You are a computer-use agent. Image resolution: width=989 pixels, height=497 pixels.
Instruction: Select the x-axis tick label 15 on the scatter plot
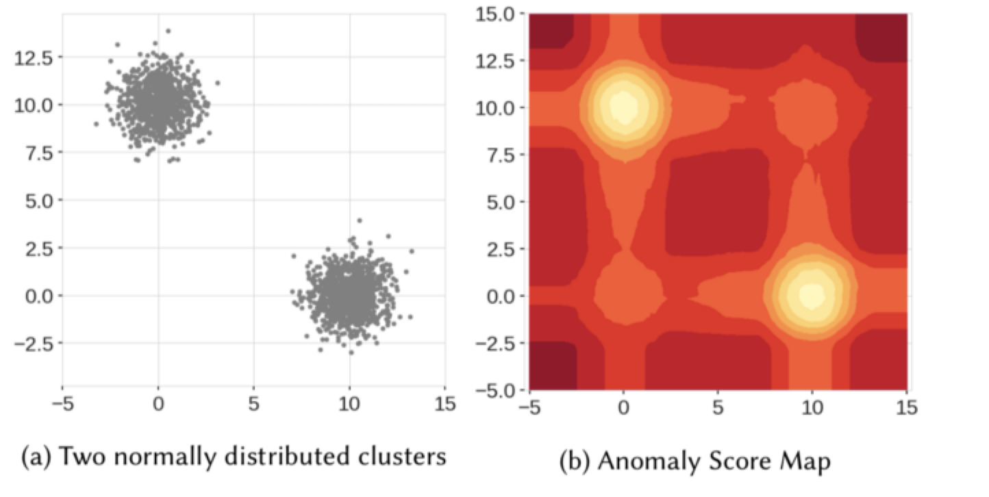[x=445, y=404]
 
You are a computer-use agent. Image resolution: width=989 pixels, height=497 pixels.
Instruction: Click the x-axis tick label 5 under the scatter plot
[x=254, y=404]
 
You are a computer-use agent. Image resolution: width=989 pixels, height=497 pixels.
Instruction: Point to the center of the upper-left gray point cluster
[x=158, y=103]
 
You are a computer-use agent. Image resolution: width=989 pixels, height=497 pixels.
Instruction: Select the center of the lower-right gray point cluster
[x=350, y=294]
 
